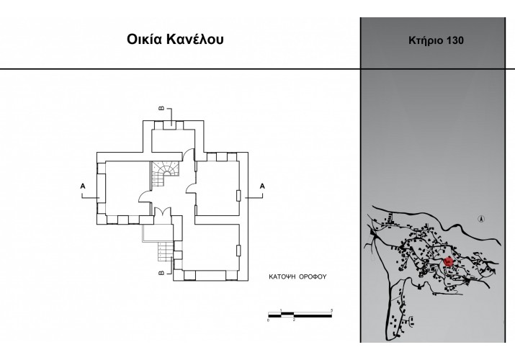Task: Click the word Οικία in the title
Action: (x=145, y=40)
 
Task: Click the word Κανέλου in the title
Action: (x=195, y=40)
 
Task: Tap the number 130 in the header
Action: (x=454, y=40)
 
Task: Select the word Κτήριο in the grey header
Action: (x=426, y=41)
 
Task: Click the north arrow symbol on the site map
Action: (x=481, y=219)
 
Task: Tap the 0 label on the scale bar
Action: (x=269, y=320)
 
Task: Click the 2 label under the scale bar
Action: (x=294, y=320)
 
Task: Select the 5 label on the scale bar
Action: (x=332, y=310)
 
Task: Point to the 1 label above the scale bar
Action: (x=281, y=310)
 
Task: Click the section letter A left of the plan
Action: (x=83, y=186)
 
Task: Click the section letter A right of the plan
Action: (x=262, y=186)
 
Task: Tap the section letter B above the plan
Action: (x=161, y=108)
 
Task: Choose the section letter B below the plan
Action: (x=161, y=273)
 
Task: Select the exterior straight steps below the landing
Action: (x=166, y=251)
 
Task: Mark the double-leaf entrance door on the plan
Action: (x=163, y=212)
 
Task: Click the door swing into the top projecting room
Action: (x=189, y=155)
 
